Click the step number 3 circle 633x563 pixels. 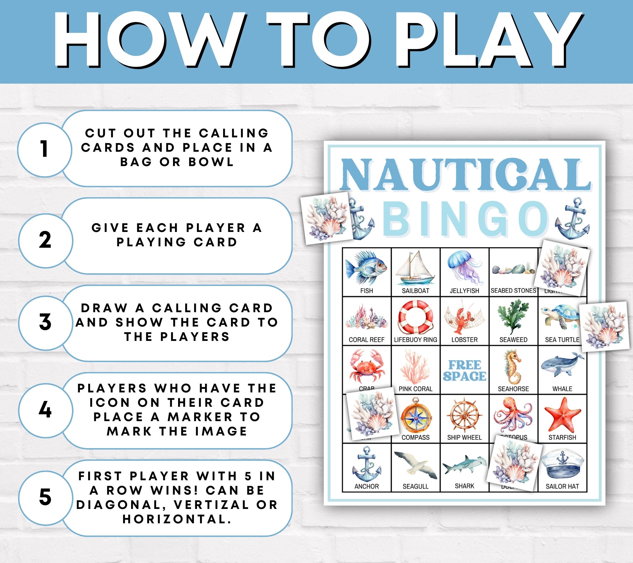tap(45, 322)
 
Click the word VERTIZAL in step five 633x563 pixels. tap(211, 505)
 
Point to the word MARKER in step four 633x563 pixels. tap(200, 417)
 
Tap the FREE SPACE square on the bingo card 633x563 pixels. tap(464, 370)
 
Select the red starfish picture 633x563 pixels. tap(562, 415)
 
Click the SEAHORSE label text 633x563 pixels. tap(513, 389)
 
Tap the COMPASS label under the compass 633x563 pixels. tap(415, 437)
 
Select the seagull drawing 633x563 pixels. tap(415, 464)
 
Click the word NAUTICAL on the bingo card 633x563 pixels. tap(465, 175)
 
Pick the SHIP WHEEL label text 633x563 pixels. tap(464, 437)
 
